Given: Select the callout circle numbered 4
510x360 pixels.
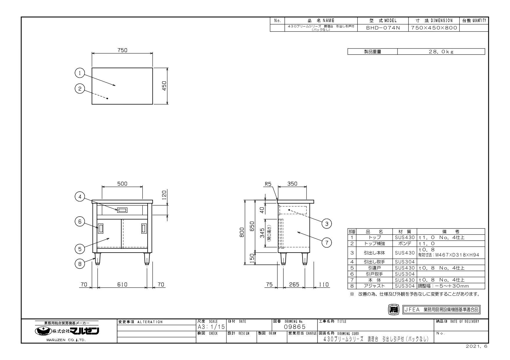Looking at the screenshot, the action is [80, 197].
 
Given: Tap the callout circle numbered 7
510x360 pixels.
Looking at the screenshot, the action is [327, 243].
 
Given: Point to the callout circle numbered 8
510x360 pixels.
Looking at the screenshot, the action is [80, 264].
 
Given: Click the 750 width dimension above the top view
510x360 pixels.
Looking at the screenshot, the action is [122, 50].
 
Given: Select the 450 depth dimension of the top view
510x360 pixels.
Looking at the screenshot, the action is [164, 86].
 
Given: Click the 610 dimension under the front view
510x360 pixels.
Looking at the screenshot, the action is [122, 285].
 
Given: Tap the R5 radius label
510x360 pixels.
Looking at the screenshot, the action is [268, 184].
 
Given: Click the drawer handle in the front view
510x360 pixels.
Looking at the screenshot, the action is [122, 210].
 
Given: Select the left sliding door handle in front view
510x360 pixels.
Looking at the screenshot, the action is [101, 228].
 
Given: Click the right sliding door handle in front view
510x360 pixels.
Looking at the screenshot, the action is [144, 228].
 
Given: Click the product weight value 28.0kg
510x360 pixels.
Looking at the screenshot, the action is [441, 52].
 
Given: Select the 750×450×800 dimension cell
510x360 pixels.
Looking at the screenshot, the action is [434, 28].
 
